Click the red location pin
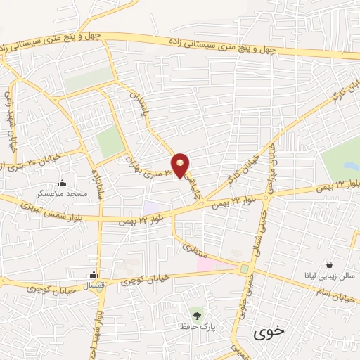pos(181,164)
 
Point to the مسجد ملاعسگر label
pos(62,192)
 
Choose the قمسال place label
pos(94,285)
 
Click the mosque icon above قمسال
pos(94,275)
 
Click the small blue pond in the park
pos(349,168)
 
